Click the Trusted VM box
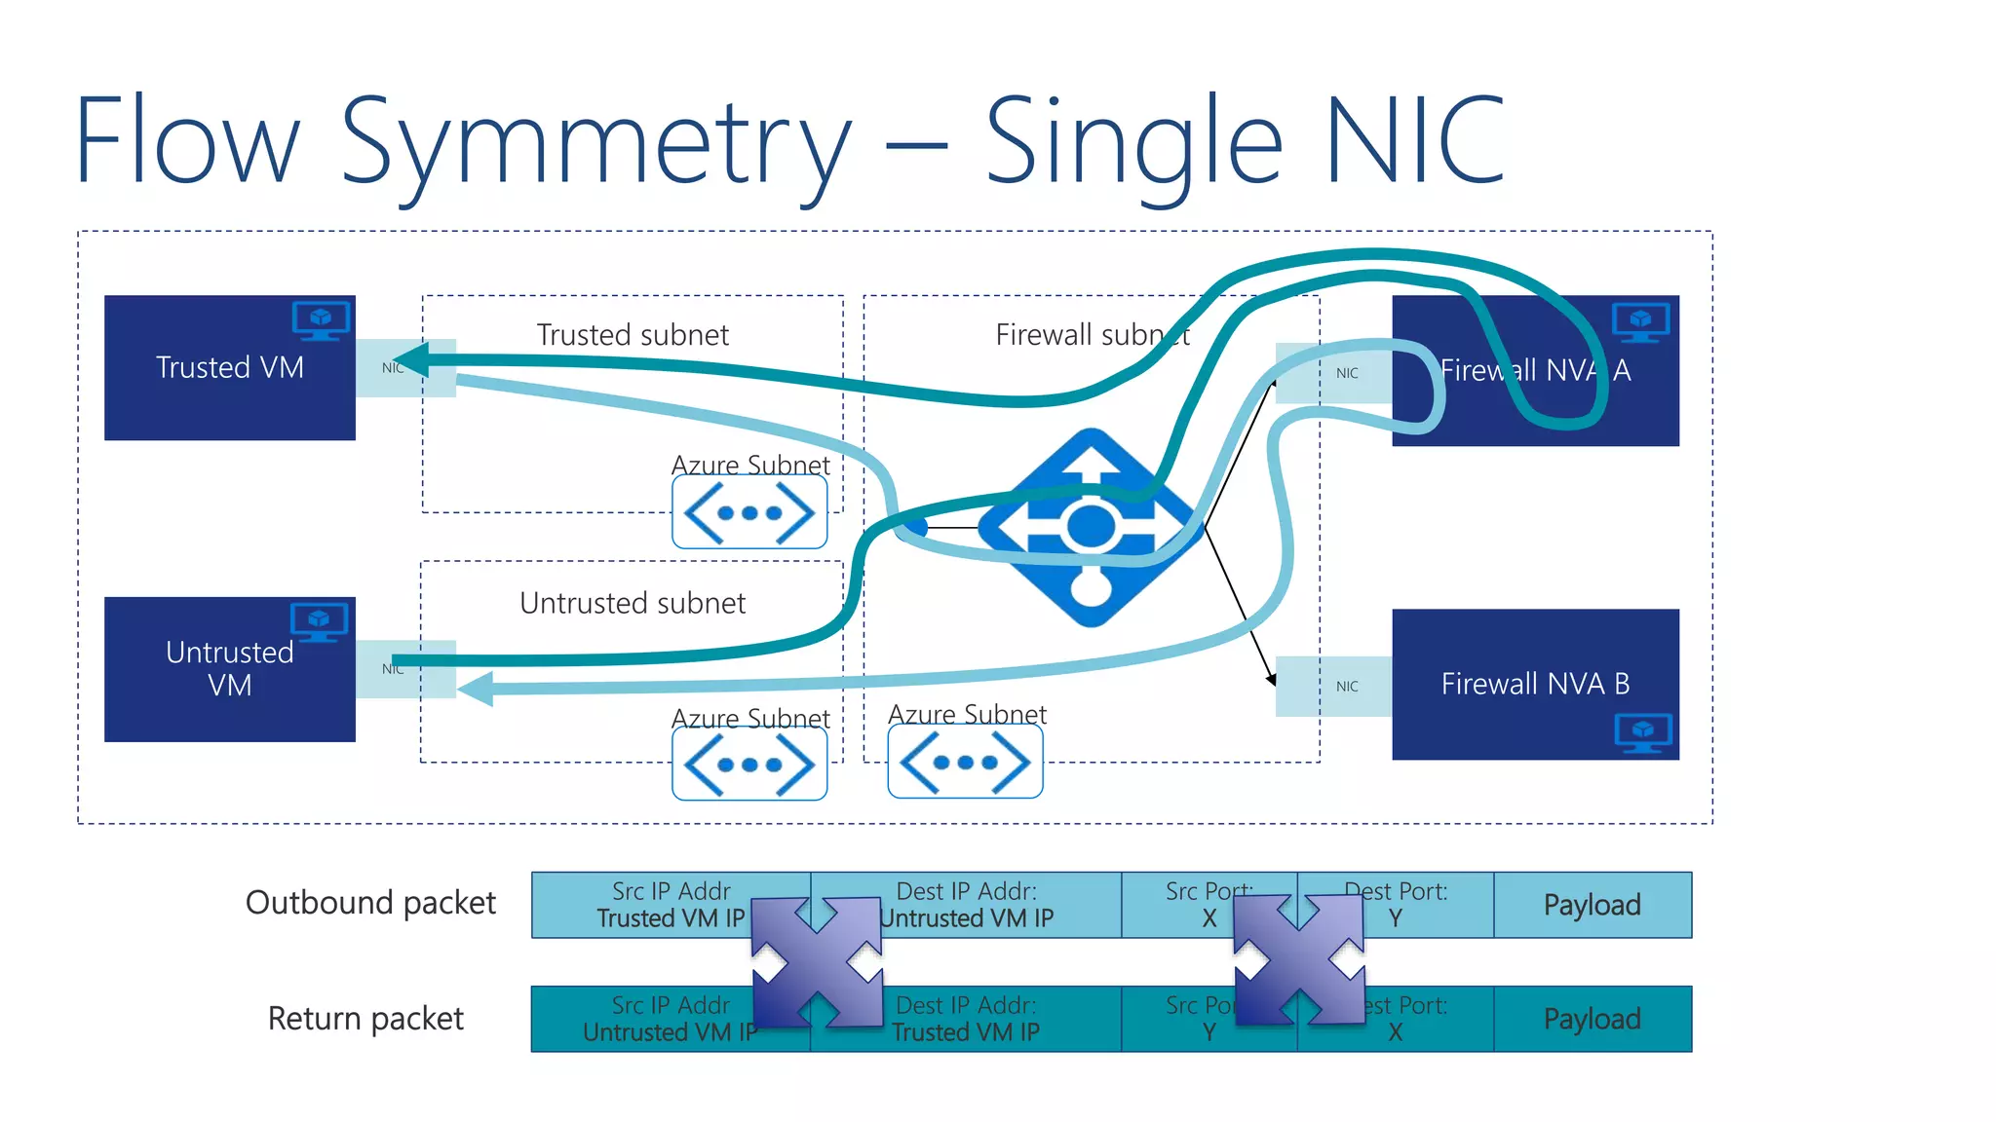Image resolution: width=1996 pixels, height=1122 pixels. [229, 368]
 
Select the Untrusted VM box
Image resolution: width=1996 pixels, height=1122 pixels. [229, 669]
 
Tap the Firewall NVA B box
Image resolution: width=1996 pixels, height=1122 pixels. [1534, 684]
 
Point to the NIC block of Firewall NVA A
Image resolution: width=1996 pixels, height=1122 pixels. [1347, 373]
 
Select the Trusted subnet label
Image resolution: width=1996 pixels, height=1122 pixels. [633, 335]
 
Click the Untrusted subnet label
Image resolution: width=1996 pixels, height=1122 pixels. [633, 603]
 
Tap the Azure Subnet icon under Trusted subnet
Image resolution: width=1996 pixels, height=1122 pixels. [749, 512]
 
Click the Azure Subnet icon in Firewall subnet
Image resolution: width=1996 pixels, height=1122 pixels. [965, 763]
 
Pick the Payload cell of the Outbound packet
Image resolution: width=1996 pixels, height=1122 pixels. [1592, 905]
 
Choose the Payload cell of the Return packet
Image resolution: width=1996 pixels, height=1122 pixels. [1592, 1019]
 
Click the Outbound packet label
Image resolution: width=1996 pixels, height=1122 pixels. [370, 903]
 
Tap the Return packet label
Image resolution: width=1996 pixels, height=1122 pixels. [365, 1019]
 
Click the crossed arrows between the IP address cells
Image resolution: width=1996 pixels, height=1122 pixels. [817, 961]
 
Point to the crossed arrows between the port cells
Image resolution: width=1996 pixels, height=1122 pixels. [1298, 959]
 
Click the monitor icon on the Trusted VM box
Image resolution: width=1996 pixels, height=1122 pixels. [321, 320]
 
